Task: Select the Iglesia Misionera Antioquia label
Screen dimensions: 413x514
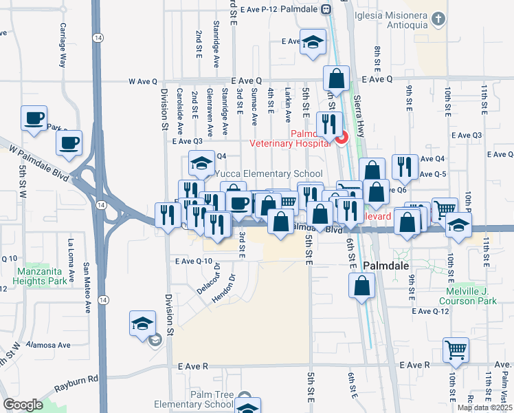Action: pyautogui.click(x=401, y=20)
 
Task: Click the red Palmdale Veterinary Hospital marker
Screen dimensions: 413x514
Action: pyautogui.click(x=341, y=137)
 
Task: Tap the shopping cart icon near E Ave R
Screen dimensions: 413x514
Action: pyautogui.click(x=455, y=348)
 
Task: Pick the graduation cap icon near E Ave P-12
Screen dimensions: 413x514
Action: pyautogui.click(x=313, y=42)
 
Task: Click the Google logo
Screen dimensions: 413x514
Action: pyautogui.click(x=23, y=405)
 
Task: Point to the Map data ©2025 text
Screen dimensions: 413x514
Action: pyautogui.click(x=484, y=407)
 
